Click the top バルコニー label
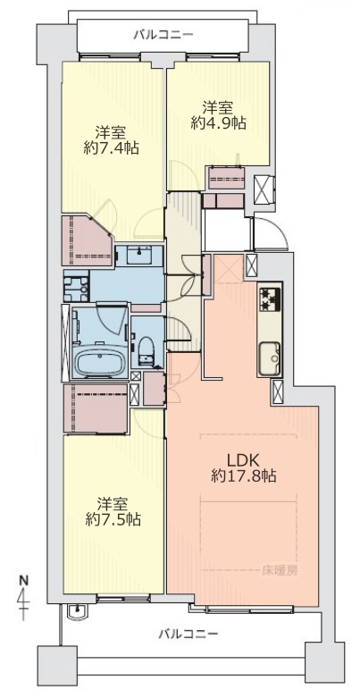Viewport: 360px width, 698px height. [163, 35]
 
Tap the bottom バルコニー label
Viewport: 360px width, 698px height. [188, 633]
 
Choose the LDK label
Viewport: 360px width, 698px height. [243, 460]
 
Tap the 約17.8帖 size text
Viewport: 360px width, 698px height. [243, 476]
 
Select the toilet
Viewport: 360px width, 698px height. [145, 349]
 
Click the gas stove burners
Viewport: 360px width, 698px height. [270, 299]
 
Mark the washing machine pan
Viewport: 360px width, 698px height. [77, 287]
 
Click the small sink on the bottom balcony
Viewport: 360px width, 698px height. [80, 610]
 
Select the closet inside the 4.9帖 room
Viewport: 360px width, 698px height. [228, 178]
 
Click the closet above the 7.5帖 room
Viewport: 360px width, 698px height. [96, 408]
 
